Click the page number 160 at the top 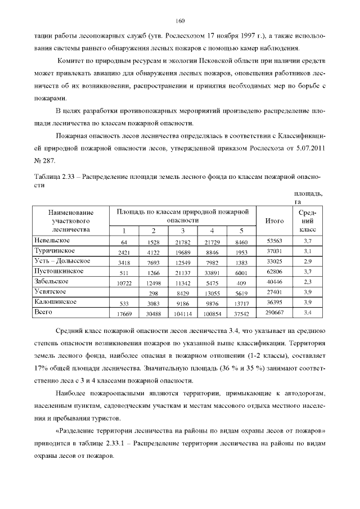[180, 21]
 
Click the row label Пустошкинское [59, 271]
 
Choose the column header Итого [273, 221]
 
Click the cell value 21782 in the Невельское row [182, 242]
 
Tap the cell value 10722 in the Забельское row [124, 283]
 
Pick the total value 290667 [273, 313]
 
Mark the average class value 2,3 [307, 283]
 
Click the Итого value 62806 [273, 272]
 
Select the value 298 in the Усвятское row [153, 293]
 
